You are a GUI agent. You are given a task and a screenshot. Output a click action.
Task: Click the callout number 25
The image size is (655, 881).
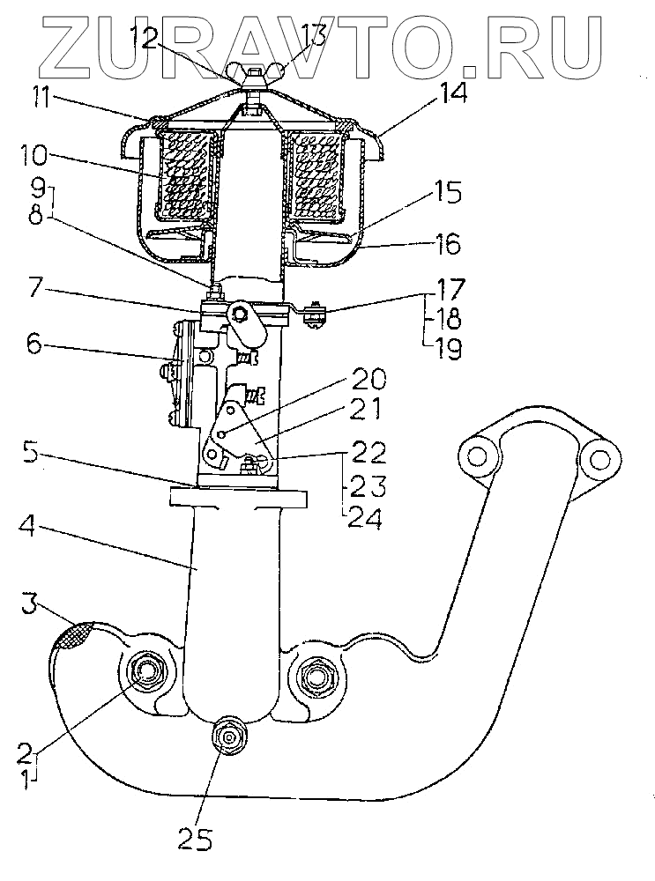[197, 840]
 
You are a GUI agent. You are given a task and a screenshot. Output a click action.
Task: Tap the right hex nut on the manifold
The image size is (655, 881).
[315, 677]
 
